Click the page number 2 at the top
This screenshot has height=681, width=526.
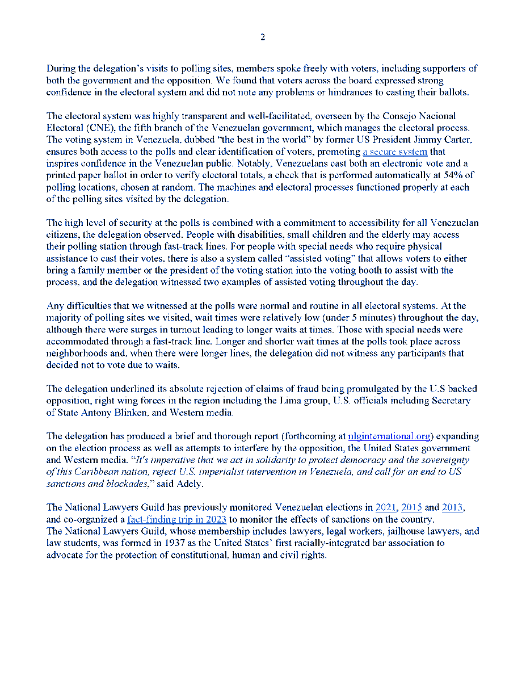[x=263, y=37]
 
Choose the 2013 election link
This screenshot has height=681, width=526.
[x=453, y=507]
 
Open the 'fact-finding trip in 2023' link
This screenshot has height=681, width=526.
[x=177, y=519]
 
